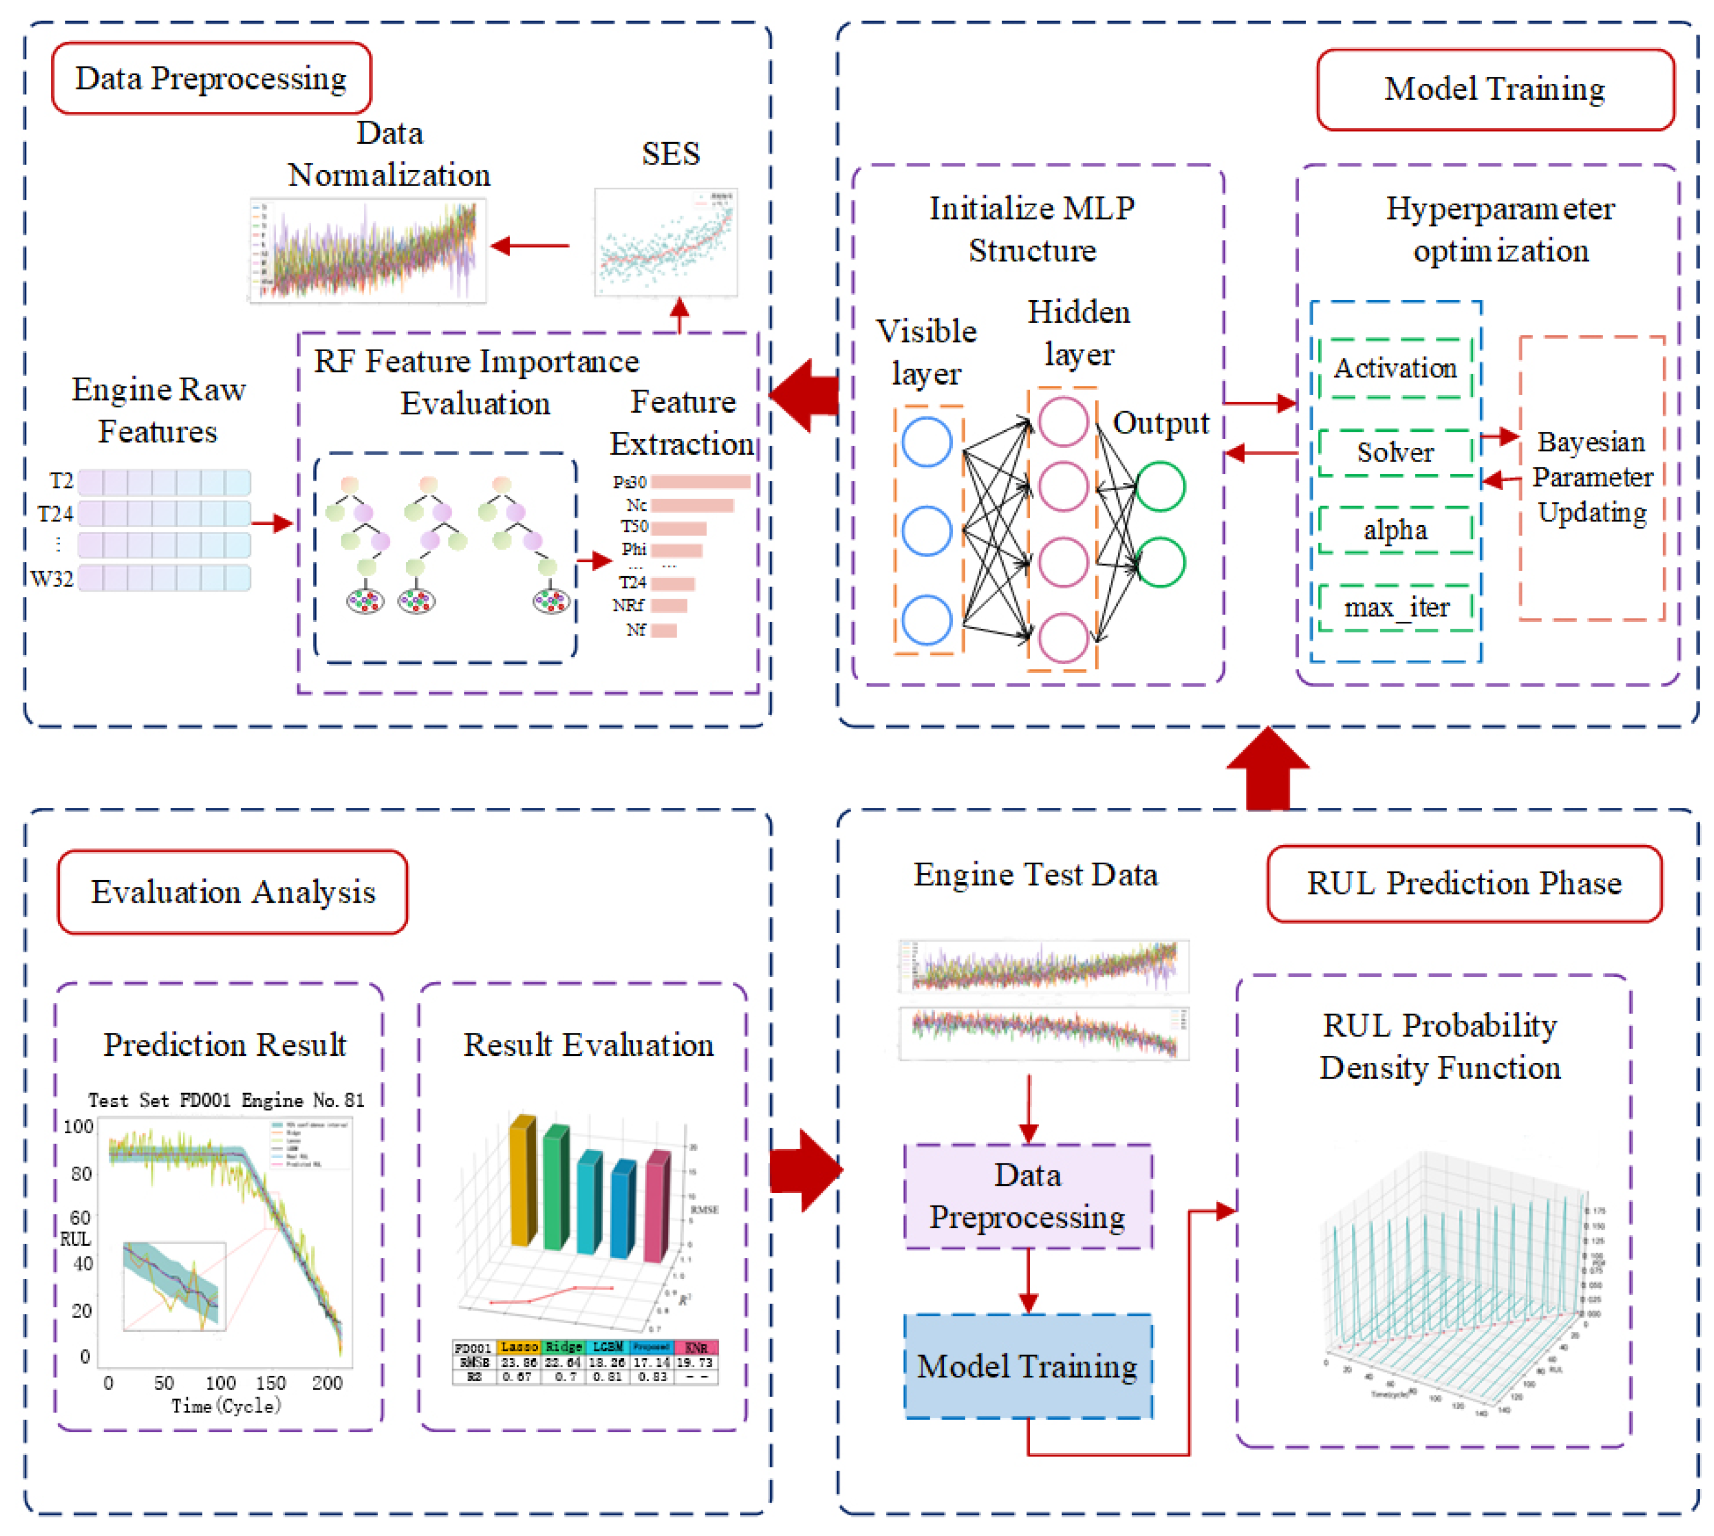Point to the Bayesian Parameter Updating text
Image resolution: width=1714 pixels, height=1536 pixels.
click(x=1591, y=477)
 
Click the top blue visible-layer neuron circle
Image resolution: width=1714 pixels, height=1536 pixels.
click(x=926, y=441)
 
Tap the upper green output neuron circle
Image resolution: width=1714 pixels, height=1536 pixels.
click(x=1160, y=486)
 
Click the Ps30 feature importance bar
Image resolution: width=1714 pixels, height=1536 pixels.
click(x=700, y=482)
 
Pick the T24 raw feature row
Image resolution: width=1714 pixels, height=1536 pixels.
click(x=164, y=513)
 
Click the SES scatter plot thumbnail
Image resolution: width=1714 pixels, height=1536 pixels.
click(x=665, y=242)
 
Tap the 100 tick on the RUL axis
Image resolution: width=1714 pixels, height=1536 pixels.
click(x=78, y=1127)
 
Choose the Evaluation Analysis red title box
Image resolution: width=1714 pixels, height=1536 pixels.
click(x=232, y=892)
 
